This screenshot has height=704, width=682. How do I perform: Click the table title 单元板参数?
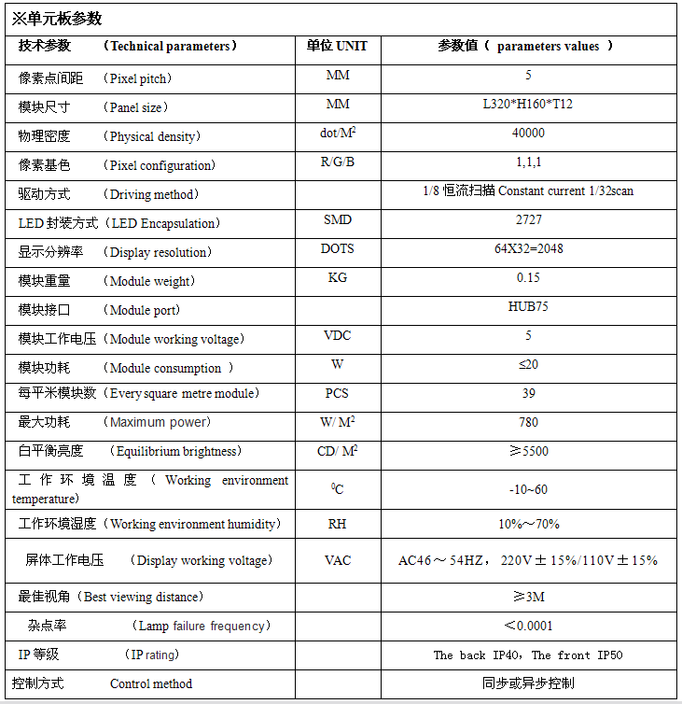(x=57, y=19)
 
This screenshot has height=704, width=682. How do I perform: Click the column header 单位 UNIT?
(x=337, y=46)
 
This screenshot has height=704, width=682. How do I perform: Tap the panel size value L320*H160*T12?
(x=528, y=104)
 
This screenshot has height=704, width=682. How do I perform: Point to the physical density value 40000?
(x=528, y=133)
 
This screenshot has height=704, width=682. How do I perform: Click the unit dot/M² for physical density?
(x=338, y=134)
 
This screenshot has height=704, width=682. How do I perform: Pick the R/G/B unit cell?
(x=337, y=162)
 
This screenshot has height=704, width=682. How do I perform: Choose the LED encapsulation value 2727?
(x=528, y=219)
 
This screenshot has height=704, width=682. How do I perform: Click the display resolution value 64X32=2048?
(x=528, y=248)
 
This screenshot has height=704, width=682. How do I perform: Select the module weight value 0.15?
(x=528, y=277)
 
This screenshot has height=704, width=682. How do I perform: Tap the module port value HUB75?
(x=528, y=306)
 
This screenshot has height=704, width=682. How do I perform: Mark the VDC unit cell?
(x=337, y=335)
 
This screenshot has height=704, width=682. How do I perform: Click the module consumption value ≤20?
(x=528, y=364)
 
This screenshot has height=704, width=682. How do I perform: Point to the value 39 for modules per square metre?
(x=528, y=393)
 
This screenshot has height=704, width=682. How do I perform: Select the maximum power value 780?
(x=528, y=422)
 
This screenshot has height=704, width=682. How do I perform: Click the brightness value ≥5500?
(x=528, y=451)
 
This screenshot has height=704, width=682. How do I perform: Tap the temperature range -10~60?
(x=528, y=489)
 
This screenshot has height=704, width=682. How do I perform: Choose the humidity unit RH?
(x=337, y=524)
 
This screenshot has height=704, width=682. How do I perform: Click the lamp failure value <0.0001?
(x=528, y=626)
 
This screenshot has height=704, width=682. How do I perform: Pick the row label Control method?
(x=151, y=683)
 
